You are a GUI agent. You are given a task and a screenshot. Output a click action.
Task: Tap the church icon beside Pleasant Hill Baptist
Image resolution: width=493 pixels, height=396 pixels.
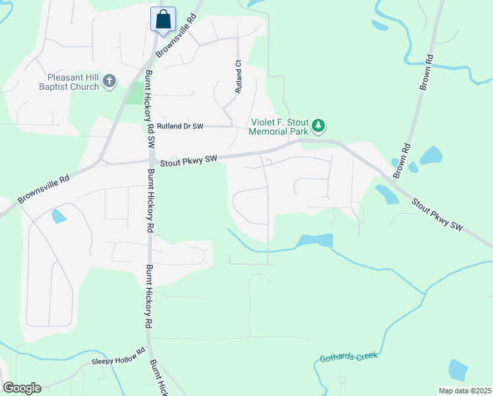tap(109, 82)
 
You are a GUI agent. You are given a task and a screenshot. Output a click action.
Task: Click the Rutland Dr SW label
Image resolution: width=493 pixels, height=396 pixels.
tap(180, 126)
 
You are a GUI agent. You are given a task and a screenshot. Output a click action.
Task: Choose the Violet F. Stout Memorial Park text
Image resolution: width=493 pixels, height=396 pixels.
tap(279, 126)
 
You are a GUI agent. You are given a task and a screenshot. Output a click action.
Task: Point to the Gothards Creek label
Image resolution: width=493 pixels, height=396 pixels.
tap(349, 357)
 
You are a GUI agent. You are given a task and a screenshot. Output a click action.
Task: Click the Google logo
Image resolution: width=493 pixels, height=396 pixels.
tap(22, 388)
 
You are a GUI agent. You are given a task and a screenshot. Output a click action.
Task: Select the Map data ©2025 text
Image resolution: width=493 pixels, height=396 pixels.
tap(464, 391)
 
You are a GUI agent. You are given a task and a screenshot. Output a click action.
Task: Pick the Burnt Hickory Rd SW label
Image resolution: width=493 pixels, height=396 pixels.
tap(150, 109)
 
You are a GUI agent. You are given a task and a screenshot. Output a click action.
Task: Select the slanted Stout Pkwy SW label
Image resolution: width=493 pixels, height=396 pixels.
tap(438, 214)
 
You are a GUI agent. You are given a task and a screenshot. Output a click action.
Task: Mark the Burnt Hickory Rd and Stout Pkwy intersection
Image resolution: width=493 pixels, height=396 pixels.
tap(151, 160)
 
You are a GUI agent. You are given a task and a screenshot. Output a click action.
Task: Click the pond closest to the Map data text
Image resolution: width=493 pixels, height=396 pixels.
tap(458, 370)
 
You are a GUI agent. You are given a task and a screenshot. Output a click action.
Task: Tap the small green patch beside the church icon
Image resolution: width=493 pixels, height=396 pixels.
tap(134, 94)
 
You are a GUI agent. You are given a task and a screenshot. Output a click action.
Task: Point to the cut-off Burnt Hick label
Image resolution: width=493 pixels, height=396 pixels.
tap(159, 378)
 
